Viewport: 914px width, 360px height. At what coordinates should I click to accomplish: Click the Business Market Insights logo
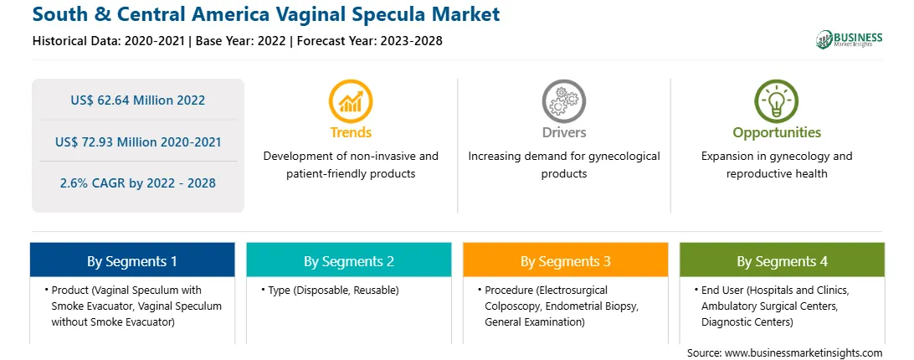(x=849, y=39)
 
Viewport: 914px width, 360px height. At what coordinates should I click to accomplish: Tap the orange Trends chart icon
(x=351, y=101)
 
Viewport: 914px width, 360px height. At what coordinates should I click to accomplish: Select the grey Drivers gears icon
(x=563, y=101)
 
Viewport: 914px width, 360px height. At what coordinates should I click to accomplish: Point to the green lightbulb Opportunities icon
(x=777, y=101)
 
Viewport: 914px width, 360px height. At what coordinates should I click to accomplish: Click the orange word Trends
(x=351, y=132)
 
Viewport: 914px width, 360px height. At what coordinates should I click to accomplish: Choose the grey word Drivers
(x=563, y=132)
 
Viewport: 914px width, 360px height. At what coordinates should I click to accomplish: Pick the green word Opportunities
(x=777, y=133)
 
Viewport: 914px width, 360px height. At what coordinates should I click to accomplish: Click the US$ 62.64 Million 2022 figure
(x=137, y=100)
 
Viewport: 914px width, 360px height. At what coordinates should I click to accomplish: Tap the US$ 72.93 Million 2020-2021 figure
(x=138, y=141)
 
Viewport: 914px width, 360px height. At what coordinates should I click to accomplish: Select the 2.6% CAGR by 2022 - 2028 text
(x=137, y=183)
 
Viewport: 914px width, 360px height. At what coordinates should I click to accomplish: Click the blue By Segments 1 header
(x=132, y=260)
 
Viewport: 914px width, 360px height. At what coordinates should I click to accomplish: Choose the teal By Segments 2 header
(x=348, y=260)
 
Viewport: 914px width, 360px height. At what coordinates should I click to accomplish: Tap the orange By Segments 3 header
(x=566, y=260)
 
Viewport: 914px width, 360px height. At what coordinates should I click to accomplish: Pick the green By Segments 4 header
(x=783, y=260)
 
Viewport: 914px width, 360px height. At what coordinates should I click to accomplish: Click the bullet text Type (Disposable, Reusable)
(x=333, y=290)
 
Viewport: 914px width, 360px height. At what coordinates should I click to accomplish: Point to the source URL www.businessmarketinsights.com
(x=804, y=353)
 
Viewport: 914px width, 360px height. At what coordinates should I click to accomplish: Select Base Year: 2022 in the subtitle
(x=241, y=41)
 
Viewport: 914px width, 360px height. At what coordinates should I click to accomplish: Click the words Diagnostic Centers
(x=747, y=321)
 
